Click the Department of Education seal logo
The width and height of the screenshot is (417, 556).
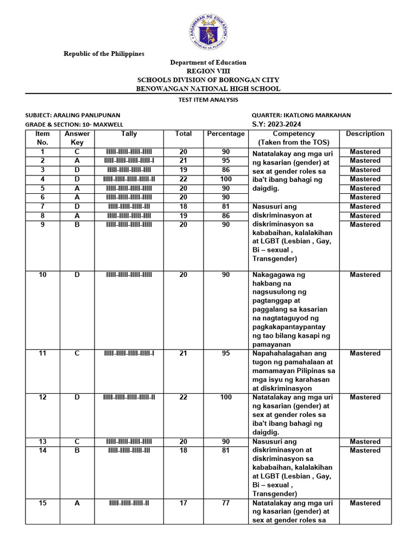[x=208, y=31]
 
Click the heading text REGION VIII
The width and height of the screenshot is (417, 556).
[x=208, y=71]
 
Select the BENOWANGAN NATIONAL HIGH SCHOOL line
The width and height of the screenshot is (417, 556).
[x=208, y=89]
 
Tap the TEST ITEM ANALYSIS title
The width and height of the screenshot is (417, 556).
[x=208, y=100]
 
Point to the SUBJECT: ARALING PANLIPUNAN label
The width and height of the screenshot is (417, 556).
[x=73, y=115]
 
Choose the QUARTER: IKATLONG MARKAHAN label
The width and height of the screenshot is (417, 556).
[x=301, y=115]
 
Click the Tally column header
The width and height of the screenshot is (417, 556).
[x=129, y=134]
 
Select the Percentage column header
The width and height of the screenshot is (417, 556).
[x=225, y=134]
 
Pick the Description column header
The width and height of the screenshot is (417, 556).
[x=365, y=134]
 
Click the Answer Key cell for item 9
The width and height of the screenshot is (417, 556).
[x=77, y=225]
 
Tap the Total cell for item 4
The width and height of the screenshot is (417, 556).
[x=184, y=179]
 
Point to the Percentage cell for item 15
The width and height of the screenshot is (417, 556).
[x=225, y=503]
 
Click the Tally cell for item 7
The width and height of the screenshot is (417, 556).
[x=129, y=207]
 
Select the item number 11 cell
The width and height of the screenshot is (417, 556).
[x=42, y=353]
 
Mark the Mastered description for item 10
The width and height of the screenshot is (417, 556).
[x=365, y=275]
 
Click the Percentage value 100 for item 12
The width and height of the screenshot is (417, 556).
[x=225, y=397]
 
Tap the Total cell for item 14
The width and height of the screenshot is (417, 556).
[x=184, y=451]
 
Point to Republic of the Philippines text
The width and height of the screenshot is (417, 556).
[x=104, y=54]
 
